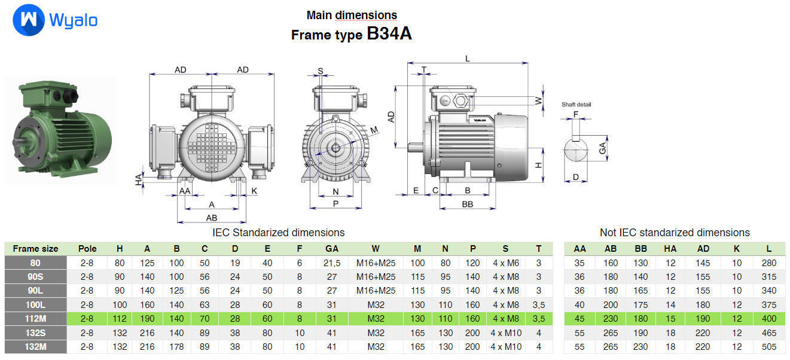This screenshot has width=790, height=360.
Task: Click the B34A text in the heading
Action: pyautogui.click(x=389, y=34)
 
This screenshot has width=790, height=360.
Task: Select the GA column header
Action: pyautogui.click(x=332, y=249)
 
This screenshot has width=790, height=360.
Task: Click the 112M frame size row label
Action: pyautogui.click(x=35, y=318)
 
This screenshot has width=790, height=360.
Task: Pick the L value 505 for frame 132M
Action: pyautogui.click(x=768, y=347)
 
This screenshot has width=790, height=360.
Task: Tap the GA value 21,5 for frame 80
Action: pyautogui.click(x=332, y=263)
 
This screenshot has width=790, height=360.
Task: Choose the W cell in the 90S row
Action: pyautogui.click(x=376, y=277)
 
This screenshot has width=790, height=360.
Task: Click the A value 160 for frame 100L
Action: pyautogui.click(x=147, y=304)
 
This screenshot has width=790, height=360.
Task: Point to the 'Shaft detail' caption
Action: pyautogui.click(x=576, y=105)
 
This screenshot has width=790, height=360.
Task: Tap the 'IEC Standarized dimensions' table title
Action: pyautogui.click(x=279, y=232)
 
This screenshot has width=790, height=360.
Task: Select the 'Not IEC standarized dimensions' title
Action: pyautogui.click(x=674, y=232)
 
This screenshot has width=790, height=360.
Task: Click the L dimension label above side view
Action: pyautogui.click(x=468, y=59)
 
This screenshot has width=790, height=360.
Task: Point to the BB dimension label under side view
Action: pyautogui.click(x=468, y=205)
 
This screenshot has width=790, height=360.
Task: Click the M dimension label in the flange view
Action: pyautogui.click(x=374, y=130)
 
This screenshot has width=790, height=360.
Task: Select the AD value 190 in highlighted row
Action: pyautogui.click(x=703, y=318)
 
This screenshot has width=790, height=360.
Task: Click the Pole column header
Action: pyautogui.click(x=87, y=249)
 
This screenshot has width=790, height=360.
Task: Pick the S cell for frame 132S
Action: pyautogui.click(x=506, y=332)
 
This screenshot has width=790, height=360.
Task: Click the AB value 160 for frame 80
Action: pyautogui.click(x=611, y=263)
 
